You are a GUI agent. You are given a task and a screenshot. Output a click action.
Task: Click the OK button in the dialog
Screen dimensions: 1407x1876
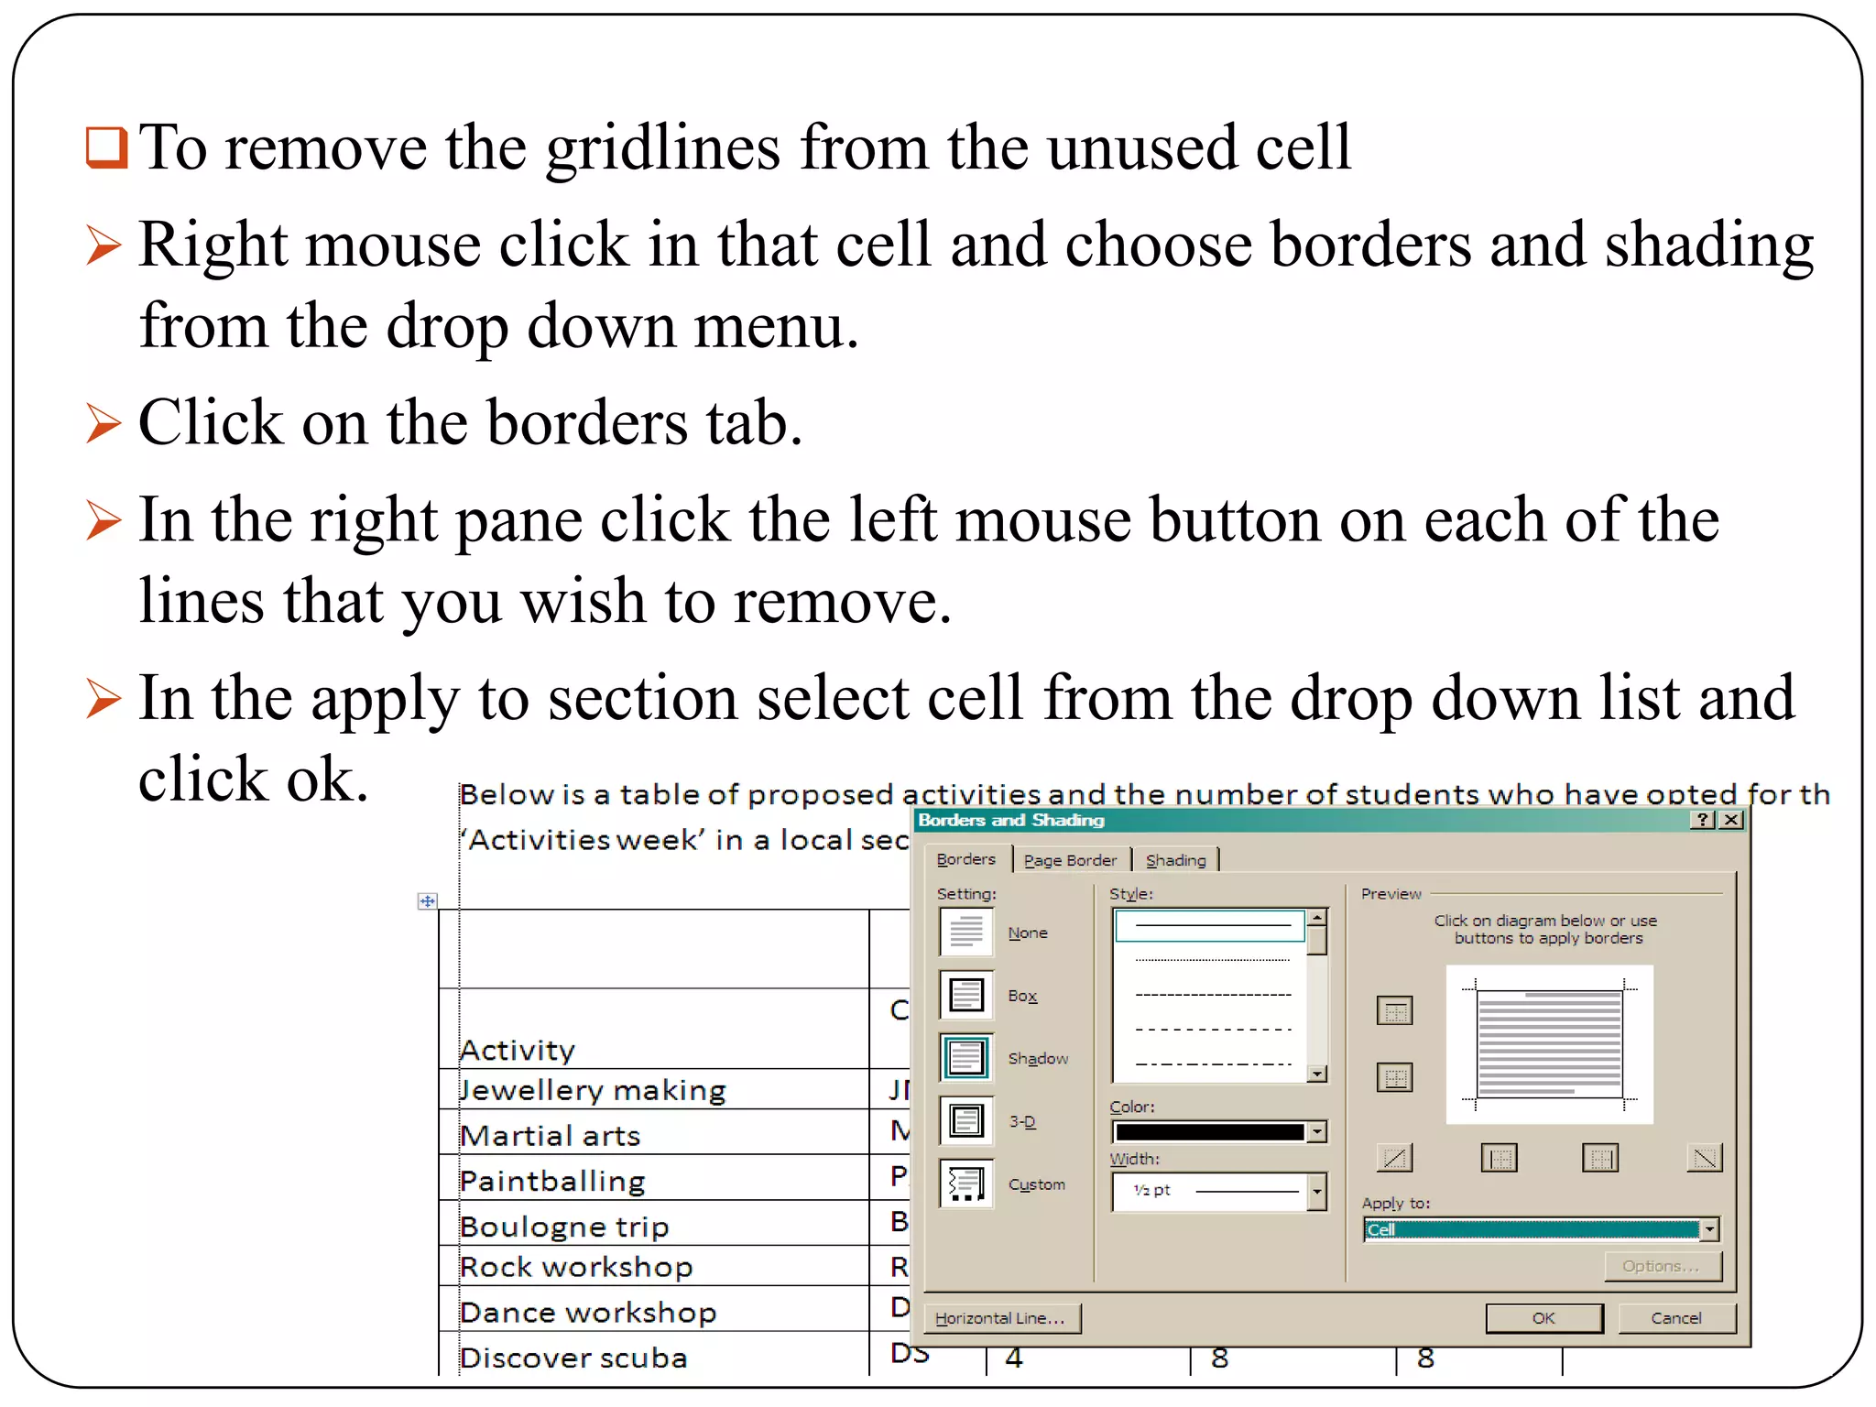[x=1543, y=1318]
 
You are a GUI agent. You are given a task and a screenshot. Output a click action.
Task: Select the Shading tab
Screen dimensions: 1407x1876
[x=1175, y=860]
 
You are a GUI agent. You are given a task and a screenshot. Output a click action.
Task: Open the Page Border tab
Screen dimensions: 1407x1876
[x=1070, y=860]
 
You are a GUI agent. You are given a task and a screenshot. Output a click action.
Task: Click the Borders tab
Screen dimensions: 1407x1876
[x=965, y=859]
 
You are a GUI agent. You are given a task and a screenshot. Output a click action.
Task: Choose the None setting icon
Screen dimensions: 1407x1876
[x=966, y=932]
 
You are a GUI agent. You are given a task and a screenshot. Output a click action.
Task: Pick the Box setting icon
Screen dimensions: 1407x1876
[x=966, y=995]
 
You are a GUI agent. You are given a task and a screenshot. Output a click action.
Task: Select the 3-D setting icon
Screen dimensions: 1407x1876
[x=966, y=1120]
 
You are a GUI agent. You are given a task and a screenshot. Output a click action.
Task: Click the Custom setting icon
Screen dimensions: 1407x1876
[x=966, y=1183]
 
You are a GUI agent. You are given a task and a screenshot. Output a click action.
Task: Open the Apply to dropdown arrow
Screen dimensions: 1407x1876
[x=1709, y=1229]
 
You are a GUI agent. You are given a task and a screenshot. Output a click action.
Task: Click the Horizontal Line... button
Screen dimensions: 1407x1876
[x=1000, y=1318]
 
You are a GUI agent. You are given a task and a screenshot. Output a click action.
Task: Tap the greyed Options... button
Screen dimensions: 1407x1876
[x=1663, y=1266]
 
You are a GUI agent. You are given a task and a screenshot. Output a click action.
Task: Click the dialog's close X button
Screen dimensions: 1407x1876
[x=1731, y=820]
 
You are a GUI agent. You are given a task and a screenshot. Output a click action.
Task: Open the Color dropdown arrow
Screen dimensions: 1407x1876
[x=1316, y=1132]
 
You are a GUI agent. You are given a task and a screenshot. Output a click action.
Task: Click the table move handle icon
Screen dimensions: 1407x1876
[x=427, y=901]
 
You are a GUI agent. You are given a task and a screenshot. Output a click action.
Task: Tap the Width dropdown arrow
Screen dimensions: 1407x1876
[x=1316, y=1192]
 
